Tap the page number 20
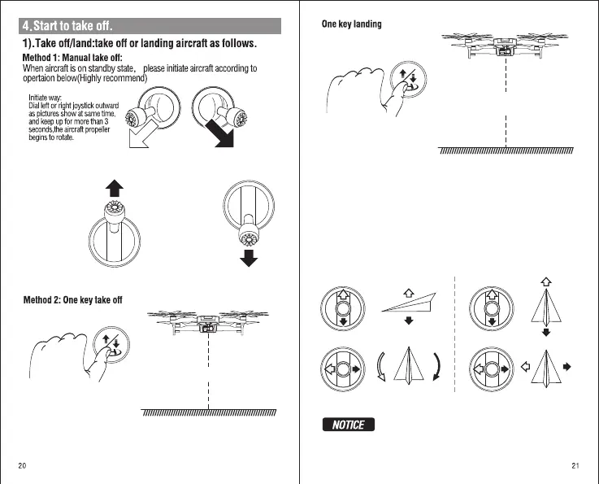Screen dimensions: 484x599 tap(23, 466)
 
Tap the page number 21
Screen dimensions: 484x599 tap(575, 466)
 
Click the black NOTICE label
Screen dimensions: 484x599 tap(348, 425)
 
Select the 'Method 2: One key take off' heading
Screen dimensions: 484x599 tap(72, 300)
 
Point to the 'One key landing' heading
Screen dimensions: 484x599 tap(351, 24)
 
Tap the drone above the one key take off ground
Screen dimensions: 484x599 tap(209, 322)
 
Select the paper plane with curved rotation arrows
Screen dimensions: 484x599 tap(410, 371)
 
